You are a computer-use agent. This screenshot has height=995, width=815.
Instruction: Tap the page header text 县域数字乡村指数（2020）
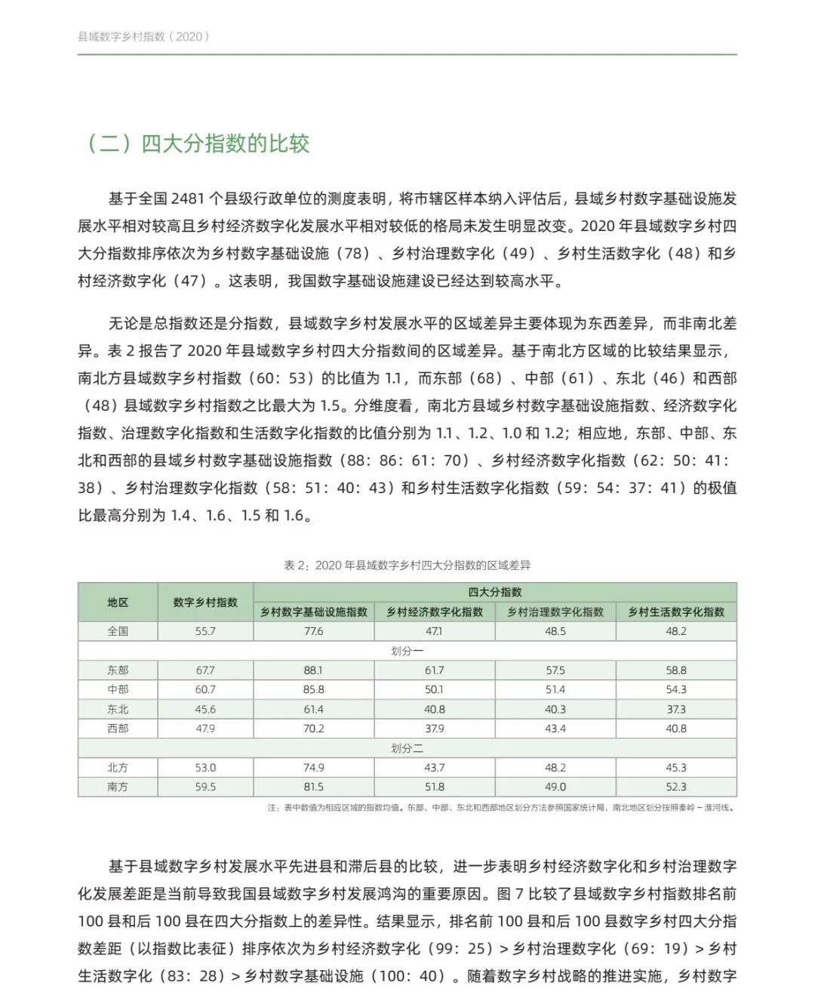[x=143, y=36]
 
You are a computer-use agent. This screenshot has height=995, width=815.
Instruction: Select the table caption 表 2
[x=407, y=565]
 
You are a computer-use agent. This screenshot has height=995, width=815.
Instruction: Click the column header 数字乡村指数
[x=205, y=602]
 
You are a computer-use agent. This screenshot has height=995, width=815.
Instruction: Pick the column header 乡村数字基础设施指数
[x=314, y=612]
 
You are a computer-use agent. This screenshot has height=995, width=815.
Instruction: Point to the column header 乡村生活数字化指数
[x=676, y=612]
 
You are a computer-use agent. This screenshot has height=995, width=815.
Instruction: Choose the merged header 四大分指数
[x=495, y=593]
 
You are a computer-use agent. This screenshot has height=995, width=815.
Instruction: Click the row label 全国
[x=118, y=631]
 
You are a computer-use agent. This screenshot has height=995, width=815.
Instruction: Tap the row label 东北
[x=118, y=710]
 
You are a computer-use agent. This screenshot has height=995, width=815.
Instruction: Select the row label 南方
[x=118, y=787]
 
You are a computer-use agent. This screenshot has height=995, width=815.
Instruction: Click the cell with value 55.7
[x=205, y=631]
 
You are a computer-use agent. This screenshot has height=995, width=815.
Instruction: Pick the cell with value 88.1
[x=314, y=670]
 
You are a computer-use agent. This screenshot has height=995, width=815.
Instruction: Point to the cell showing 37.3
[x=676, y=710]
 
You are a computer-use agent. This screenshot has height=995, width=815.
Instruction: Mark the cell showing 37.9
[x=435, y=729]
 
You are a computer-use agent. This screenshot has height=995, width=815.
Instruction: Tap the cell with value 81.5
[x=314, y=787]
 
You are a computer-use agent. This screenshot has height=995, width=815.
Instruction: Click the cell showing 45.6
[x=205, y=710]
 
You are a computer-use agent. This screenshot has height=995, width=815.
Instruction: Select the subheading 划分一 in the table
[x=407, y=651]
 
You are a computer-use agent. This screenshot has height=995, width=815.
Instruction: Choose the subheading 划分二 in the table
[x=407, y=749]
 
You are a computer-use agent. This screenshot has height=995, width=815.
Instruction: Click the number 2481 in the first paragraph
[x=188, y=199]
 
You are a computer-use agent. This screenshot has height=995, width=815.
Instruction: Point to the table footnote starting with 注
[x=501, y=808]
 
